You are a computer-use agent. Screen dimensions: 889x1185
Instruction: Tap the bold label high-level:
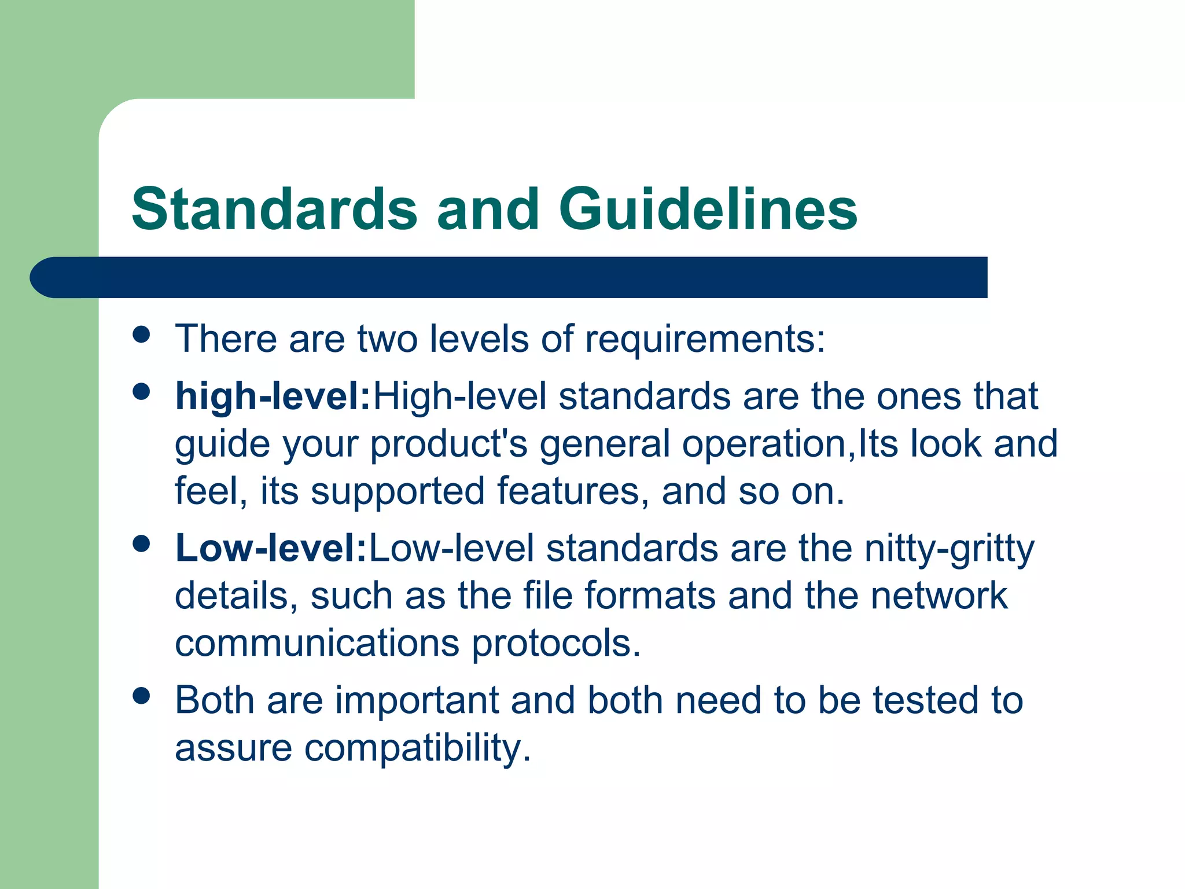[273, 397]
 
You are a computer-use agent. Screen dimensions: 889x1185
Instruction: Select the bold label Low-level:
[271, 548]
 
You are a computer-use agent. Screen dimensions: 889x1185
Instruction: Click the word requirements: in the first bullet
[705, 340]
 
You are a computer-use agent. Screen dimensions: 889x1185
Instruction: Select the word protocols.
[557, 644]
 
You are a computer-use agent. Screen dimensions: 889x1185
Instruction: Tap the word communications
[317, 643]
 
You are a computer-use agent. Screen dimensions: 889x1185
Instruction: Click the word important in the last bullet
[417, 700]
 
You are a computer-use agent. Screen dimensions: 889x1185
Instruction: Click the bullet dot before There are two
[141, 335]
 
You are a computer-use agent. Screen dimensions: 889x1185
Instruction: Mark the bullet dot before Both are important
[141, 695]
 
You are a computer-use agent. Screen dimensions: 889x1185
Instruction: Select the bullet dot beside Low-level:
[141, 543]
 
